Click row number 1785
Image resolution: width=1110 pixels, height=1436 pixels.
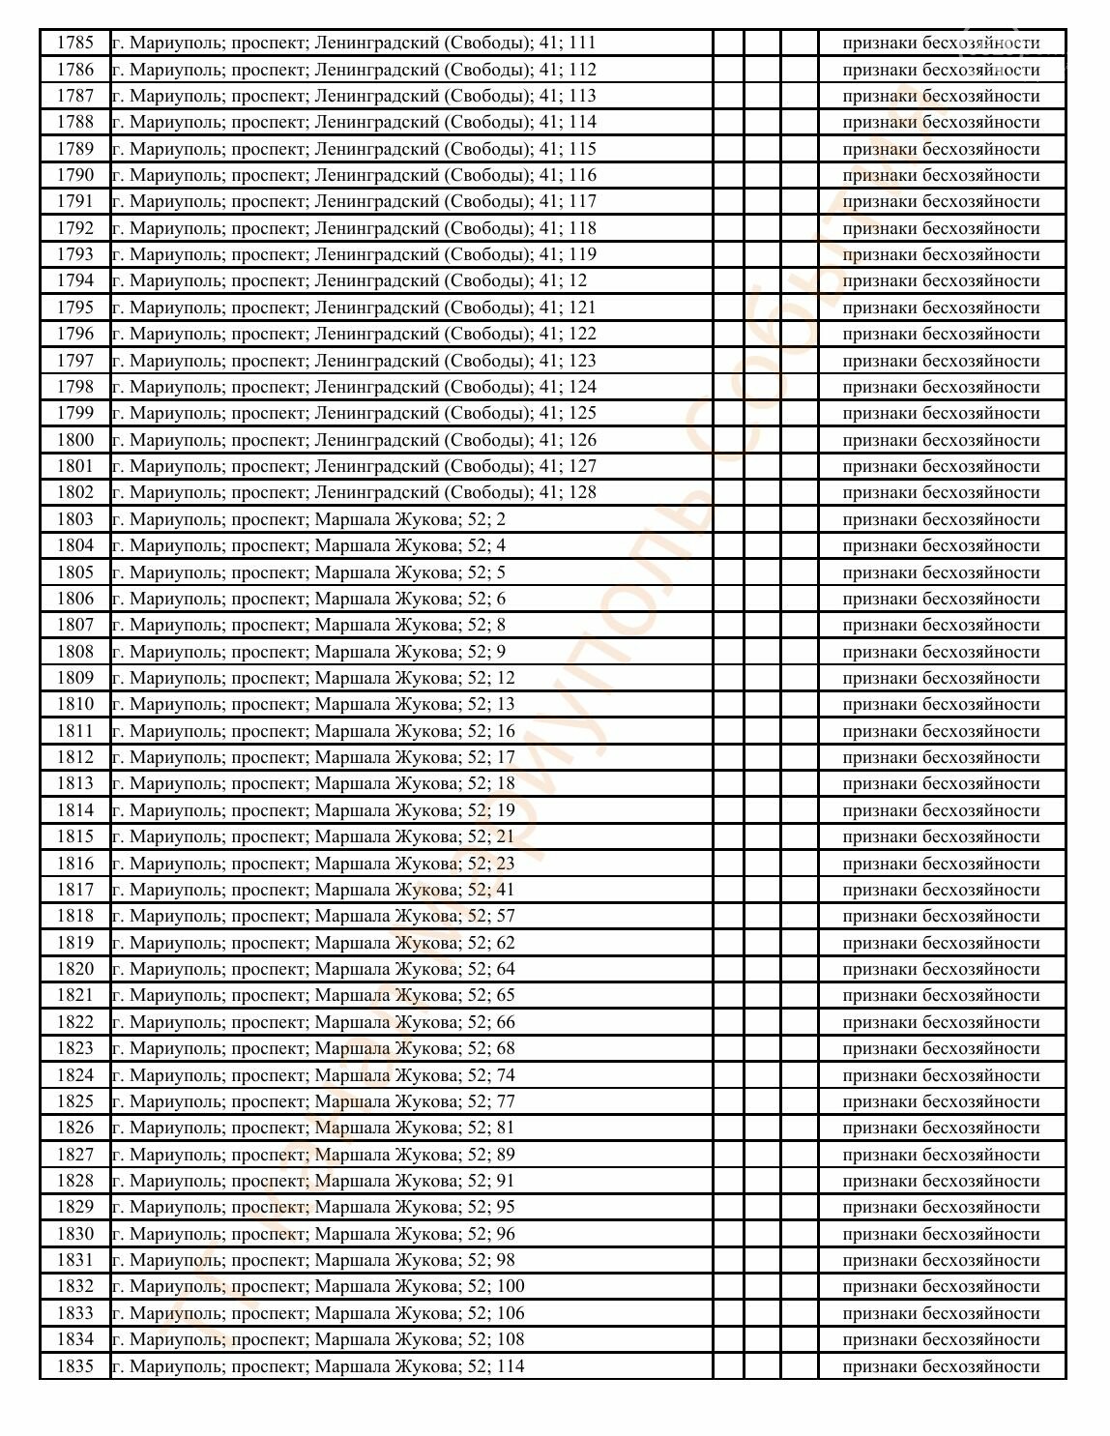pyautogui.click(x=74, y=43)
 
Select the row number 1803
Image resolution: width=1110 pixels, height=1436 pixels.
pyautogui.click(x=74, y=519)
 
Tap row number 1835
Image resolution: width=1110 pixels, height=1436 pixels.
pyautogui.click(x=74, y=1366)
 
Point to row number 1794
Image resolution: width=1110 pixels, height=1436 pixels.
pyautogui.click(x=74, y=280)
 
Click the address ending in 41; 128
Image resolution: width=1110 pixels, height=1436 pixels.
pyautogui.click(x=354, y=492)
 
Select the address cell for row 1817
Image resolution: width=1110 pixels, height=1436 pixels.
pyautogui.click(x=313, y=890)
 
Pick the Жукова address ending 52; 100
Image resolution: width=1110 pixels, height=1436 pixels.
pyautogui.click(x=318, y=1286)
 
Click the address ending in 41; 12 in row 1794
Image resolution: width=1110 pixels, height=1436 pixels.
pyautogui.click(x=349, y=280)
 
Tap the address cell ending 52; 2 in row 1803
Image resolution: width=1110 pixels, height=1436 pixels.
pyautogui.click(x=308, y=519)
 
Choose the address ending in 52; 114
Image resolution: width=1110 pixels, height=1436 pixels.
pyautogui.click(x=318, y=1366)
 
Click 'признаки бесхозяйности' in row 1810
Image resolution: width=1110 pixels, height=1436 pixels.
pyautogui.click(x=941, y=704)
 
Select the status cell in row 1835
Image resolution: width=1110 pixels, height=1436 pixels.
pyautogui.click(x=941, y=1366)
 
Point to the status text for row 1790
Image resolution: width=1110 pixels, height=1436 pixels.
pyautogui.click(x=941, y=175)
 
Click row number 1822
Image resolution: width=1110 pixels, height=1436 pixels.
pyautogui.click(x=74, y=1022)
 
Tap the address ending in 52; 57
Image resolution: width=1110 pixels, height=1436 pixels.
pyautogui.click(x=313, y=916)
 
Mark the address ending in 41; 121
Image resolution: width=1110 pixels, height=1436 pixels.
pyautogui.click(x=354, y=308)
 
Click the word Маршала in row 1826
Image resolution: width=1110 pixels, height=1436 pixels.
pyautogui.click(x=350, y=1128)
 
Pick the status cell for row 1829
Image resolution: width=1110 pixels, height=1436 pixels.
pyautogui.click(x=941, y=1207)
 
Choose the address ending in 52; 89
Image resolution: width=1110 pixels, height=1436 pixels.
pyautogui.click(x=313, y=1155)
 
